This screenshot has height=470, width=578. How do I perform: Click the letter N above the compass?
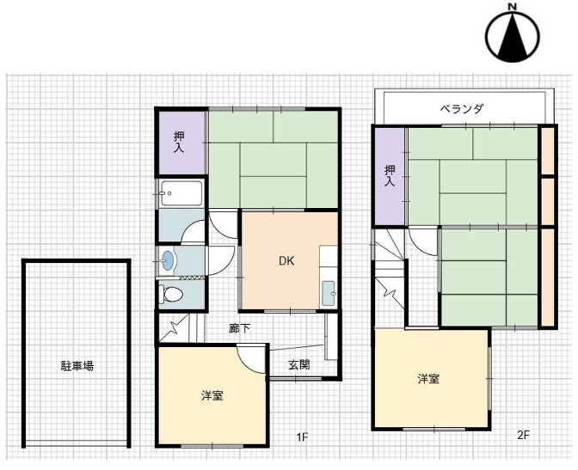point(512,6)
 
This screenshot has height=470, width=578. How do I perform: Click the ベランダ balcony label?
point(462,108)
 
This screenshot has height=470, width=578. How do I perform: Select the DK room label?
point(286,261)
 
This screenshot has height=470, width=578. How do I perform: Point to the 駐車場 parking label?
point(77,366)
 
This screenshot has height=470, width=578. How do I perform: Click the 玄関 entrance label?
point(299,364)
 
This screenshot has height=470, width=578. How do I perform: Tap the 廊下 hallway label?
point(240,328)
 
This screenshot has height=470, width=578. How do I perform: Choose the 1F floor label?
point(302,437)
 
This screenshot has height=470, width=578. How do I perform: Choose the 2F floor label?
point(523,435)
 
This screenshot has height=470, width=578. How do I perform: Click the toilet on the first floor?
point(171,294)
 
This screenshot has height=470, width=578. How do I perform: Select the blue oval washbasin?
point(168,260)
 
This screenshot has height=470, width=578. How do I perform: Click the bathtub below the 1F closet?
point(181,193)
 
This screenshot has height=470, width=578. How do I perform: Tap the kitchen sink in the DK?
point(329,293)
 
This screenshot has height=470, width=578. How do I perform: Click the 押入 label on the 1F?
point(179,142)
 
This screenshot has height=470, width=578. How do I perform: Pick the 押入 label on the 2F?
point(390,175)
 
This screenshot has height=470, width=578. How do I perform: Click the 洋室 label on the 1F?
point(212,395)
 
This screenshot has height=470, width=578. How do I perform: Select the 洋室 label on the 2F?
point(428,379)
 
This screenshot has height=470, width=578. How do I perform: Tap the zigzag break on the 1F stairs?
point(172,328)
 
